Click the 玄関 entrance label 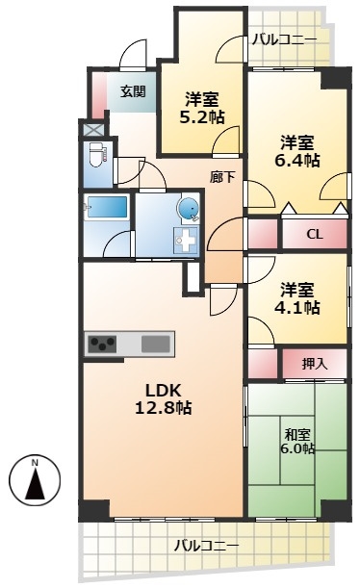coord(133,91)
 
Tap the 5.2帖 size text coord(202,117)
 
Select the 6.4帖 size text coord(297,160)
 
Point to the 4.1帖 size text coord(297,308)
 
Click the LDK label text coord(164,391)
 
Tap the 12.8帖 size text coord(164,408)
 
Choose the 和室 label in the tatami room coord(297,435)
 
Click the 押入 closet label coord(315,364)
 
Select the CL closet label coord(315,235)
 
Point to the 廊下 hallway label coord(222,177)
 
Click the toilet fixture coord(98,155)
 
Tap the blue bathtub coord(107,207)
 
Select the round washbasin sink coord(188,209)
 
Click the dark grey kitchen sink coord(156,344)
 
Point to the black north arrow coord(35,484)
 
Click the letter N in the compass coord(35,462)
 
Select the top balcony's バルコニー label coord(284,39)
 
